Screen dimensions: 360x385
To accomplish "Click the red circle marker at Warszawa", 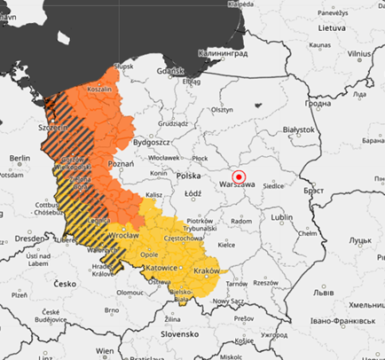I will (x=239, y=176).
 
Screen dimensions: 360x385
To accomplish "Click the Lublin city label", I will (x=282, y=215).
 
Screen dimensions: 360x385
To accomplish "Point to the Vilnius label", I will (x=359, y=54).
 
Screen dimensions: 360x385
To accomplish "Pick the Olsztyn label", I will (x=222, y=109).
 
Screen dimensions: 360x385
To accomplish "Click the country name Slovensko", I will (x=173, y=334).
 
